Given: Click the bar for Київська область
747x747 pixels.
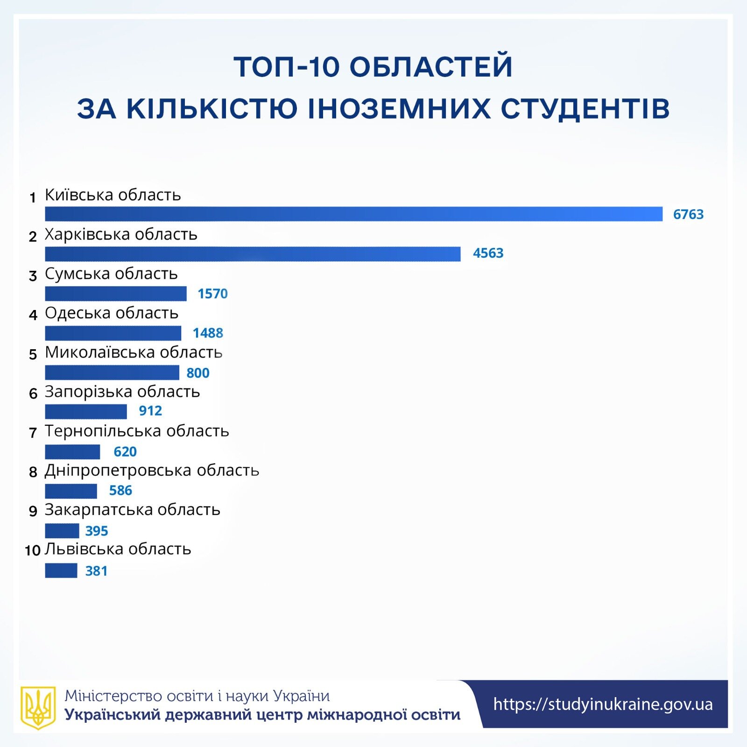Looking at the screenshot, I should pos(353,214).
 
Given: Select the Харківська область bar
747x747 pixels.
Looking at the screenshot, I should pos(253,254).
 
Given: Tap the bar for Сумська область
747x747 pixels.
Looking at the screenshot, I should pos(116,294).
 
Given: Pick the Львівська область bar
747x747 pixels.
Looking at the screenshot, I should pos(61,571).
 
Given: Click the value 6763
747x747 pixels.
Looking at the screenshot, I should pos(688,214).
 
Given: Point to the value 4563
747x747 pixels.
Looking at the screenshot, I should pos(488,253).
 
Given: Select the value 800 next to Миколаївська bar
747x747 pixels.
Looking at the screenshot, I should pos(198,373).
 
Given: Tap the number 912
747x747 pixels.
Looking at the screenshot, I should pos(150,411).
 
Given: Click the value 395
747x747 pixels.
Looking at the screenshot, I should pos(97,531).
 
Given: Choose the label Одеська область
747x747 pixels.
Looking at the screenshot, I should pos(112,313).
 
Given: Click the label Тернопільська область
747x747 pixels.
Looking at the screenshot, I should pos(137,431).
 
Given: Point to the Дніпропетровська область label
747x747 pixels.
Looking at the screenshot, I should pos(152,470).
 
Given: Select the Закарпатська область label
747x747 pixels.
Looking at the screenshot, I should pos(132,509).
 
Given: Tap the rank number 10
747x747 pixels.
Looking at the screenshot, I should pos(33,551).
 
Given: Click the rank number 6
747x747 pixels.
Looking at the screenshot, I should pos(33,394).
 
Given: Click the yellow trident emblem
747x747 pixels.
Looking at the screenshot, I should pos(38,707).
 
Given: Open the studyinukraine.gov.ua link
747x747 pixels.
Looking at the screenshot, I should pos(603,704).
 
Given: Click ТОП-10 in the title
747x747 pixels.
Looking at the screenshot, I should pos(286,67).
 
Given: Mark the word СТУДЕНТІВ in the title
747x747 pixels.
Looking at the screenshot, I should pos(585,109).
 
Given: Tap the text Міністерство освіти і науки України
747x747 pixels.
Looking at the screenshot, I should pos(197,696).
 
